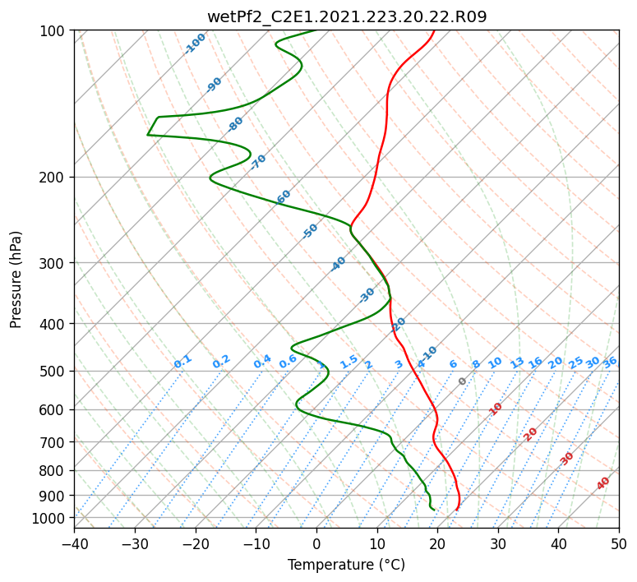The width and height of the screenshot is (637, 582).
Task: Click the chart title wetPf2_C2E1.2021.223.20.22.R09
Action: pyautogui.click(x=347, y=16)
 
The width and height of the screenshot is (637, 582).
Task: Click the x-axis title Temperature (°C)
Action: pyautogui.click(x=346, y=565)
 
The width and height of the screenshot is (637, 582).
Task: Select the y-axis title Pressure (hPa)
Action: pyautogui.click(x=16, y=279)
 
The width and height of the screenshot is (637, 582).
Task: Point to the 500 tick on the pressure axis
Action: pyautogui.click(x=55, y=371)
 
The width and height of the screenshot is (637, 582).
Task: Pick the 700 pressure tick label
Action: pyautogui.click(x=55, y=442)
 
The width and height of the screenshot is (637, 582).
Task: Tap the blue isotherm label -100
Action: pyautogui.click(x=195, y=43)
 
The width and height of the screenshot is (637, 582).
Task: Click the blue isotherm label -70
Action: pyautogui.click(x=258, y=161)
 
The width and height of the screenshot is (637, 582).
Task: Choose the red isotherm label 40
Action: pyautogui.click(x=603, y=483)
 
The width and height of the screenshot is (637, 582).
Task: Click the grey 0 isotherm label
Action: pyautogui.click(x=463, y=381)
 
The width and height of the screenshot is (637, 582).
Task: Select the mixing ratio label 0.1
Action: pyautogui.click(x=182, y=361)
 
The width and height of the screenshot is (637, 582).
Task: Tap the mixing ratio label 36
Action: pyautogui.click(x=610, y=362)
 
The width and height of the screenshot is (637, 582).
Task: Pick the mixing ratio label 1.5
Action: pyautogui.click(x=349, y=361)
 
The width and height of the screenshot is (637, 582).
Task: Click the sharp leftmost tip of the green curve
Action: pyautogui.click(x=148, y=134)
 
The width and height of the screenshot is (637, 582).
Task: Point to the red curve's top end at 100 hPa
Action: pyautogui.click(x=434, y=31)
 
